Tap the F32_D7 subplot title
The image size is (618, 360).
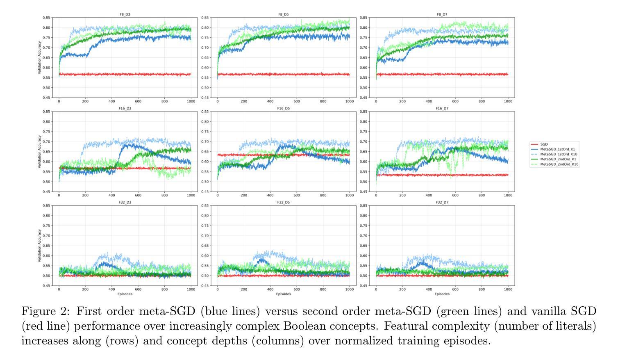(442, 202)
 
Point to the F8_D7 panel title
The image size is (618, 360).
(442, 14)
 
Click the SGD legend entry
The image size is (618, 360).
(544, 144)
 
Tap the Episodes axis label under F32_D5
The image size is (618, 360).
(283, 294)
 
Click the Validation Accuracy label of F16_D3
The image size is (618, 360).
(39, 152)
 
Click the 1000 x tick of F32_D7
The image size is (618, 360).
(508, 289)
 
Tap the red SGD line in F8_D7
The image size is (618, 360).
(451, 74)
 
